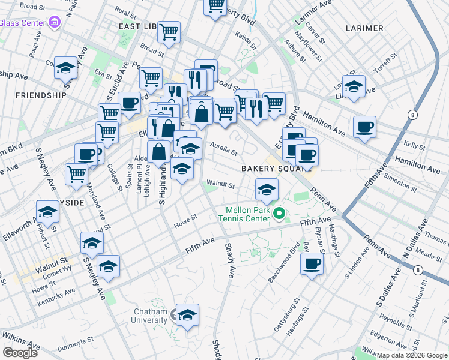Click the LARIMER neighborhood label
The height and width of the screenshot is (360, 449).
[364, 28]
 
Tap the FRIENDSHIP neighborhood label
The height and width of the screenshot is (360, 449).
[41, 95]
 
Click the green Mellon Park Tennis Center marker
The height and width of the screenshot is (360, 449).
[279, 213]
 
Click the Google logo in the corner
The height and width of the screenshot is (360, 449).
[20, 352]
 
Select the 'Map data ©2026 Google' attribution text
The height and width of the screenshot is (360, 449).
[412, 355]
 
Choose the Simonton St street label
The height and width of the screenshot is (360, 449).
[399, 182]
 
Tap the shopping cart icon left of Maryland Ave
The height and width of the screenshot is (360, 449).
[77, 174]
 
